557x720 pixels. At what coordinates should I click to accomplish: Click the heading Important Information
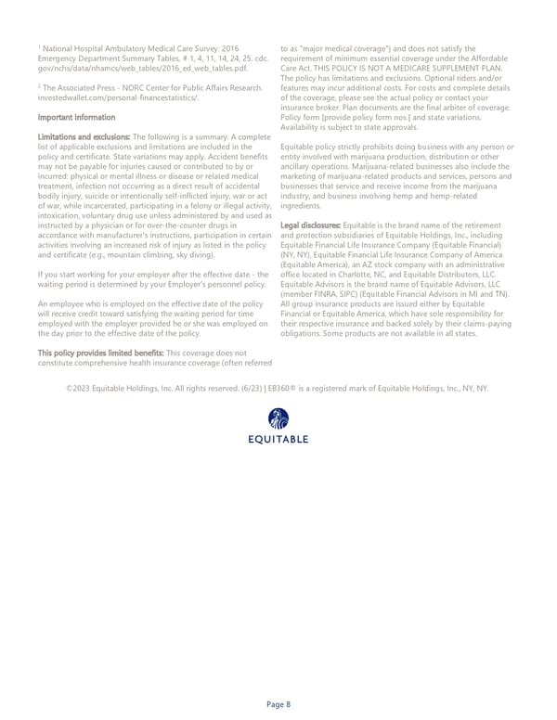pos(77,118)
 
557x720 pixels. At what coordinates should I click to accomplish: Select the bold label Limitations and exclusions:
pos(85,137)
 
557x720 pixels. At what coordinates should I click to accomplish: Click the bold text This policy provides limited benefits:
pos(100,327)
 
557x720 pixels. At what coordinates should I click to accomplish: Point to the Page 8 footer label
pos(278,705)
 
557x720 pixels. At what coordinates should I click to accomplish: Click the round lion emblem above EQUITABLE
pos(278,419)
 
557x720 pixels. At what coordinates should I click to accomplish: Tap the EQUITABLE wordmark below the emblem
pos(278,439)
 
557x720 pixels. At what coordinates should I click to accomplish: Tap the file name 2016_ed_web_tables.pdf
pos(201,69)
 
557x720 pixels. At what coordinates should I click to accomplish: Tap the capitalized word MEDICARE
pos(427,69)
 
